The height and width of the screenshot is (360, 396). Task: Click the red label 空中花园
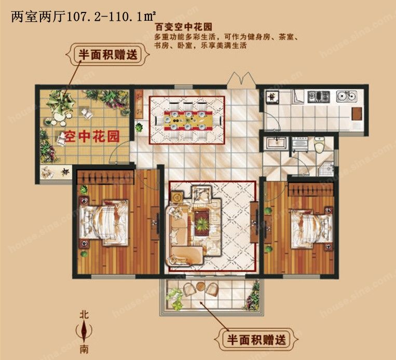91,136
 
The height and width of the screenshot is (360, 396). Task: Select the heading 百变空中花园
183,27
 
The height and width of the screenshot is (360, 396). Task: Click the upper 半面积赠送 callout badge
107,54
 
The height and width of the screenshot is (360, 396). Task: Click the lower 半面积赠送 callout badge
256,339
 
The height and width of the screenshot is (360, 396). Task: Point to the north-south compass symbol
84,331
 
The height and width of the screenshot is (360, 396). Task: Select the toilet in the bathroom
319,144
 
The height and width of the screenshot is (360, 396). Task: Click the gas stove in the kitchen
319,96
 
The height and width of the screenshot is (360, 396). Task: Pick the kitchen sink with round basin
347,96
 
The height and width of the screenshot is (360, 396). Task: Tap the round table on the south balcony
201,286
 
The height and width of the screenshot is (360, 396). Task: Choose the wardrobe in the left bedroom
105,177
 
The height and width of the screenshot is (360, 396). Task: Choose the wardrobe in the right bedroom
311,189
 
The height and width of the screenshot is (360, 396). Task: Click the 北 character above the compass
84,315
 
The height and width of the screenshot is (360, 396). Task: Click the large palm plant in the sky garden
61,102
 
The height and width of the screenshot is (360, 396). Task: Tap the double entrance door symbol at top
242,80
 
